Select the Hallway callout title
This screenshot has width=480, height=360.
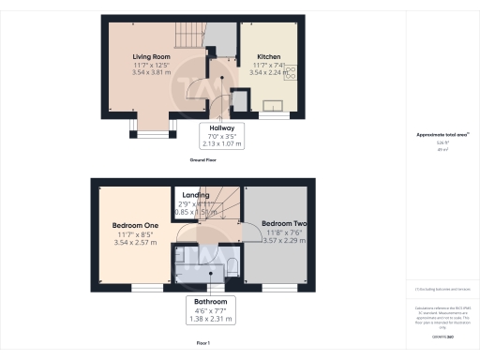[x=221, y=127]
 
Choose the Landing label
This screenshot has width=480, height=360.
[x=196, y=195]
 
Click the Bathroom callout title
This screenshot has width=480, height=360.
[x=210, y=302]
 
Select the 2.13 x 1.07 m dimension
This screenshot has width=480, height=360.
[x=221, y=144]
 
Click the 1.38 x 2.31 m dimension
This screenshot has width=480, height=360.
[x=210, y=319]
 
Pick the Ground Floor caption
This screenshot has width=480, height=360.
[x=205, y=161]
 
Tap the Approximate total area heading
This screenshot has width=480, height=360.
[x=440, y=135]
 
